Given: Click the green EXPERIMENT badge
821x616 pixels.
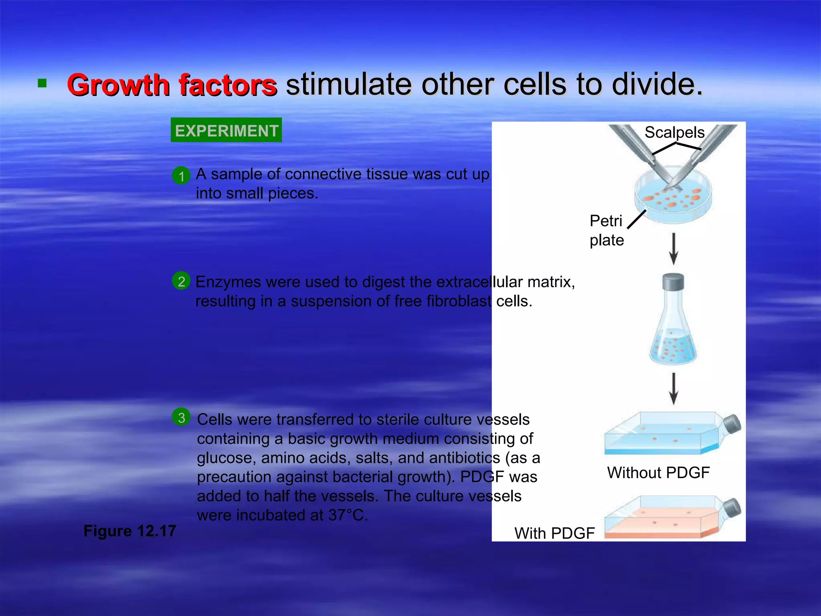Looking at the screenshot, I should (226, 130).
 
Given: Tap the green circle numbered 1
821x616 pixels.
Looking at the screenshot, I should (181, 176).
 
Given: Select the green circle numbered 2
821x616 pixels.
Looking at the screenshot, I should (181, 281).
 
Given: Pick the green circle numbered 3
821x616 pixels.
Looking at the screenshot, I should (181, 417).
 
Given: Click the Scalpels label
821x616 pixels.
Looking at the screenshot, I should (674, 132).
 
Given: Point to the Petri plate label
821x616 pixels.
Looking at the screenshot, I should (606, 231).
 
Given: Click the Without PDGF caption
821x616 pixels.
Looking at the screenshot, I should (658, 472).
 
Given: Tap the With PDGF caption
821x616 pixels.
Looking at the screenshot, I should (554, 533).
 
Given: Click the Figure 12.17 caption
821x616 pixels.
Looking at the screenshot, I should (129, 531).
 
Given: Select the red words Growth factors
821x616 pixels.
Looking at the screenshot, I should (172, 85).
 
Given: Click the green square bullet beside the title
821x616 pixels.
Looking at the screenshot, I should (42, 83).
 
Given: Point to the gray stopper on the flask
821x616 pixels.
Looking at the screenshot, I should (673, 282).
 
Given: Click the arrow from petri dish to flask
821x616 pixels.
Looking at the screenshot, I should (674, 249).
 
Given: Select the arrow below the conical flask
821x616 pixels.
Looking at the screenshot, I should (674, 388).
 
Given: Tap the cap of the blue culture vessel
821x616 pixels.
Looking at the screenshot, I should (732, 424).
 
